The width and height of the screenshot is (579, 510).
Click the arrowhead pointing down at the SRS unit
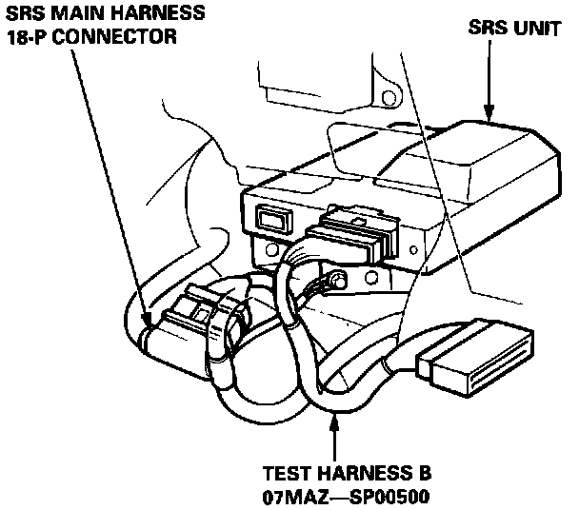(488, 114)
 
